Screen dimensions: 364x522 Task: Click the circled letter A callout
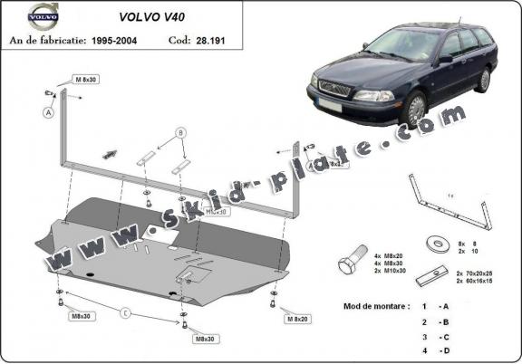click(48, 113)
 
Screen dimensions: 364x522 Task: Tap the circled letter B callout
click(181, 133)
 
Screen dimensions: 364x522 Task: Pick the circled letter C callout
click(127, 314)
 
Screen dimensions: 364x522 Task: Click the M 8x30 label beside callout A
click(87, 81)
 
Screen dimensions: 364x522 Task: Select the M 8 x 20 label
click(296, 319)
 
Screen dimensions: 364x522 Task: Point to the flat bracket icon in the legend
click(440, 273)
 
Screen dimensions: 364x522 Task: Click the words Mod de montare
click(376, 306)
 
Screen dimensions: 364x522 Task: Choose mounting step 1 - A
click(436, 306)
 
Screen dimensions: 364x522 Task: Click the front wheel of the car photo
click(415, 110)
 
